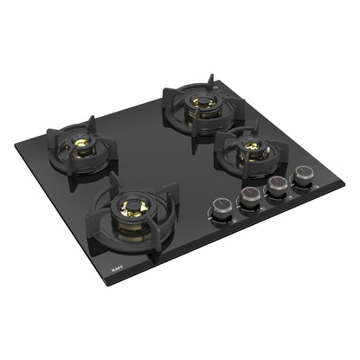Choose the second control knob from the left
point(250,197)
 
